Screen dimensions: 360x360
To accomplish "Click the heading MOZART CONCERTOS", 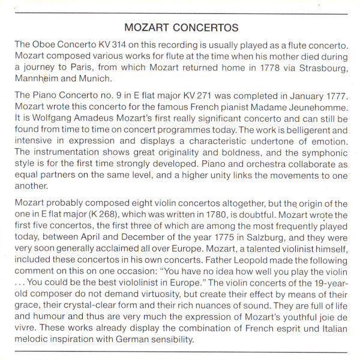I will pos(180,28).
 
